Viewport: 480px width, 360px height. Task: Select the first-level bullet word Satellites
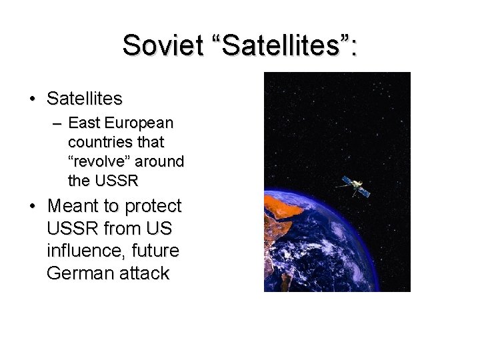pyautogui.click(x=85, y=99)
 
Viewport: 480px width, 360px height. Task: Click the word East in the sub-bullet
pyautogui.click(x=83, y=123)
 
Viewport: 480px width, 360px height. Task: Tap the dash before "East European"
pyautogui.click(x=56, y=123)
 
